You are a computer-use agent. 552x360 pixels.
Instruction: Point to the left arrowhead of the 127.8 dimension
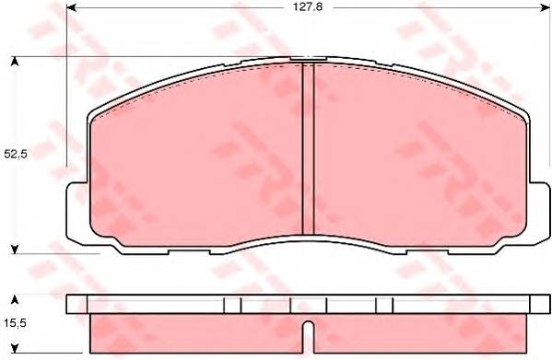pos(72,10)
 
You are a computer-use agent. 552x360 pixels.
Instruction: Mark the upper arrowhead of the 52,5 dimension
pos(15,61)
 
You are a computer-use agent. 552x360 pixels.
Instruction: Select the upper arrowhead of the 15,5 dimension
pos(15,300)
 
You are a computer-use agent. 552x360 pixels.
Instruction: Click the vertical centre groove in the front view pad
pos(309,152)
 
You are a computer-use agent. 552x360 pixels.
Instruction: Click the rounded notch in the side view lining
pos(309,329)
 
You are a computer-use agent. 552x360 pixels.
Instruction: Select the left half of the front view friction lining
pos(198,157)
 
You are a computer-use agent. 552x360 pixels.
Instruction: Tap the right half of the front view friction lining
pos(419,157)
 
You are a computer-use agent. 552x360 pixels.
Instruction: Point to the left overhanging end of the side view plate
pos(76,305)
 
